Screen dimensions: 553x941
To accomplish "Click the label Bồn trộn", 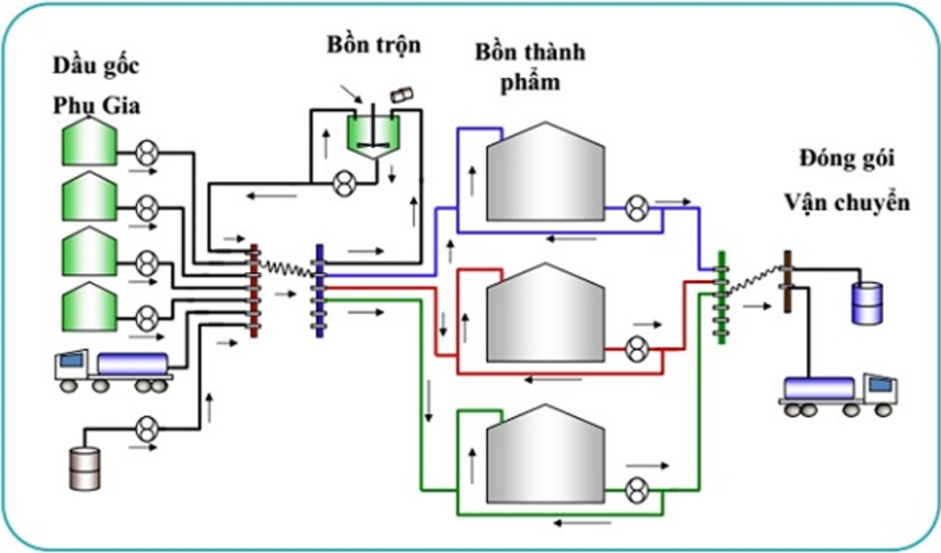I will tap(373, 44).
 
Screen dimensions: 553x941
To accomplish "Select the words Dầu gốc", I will tap(96, 66).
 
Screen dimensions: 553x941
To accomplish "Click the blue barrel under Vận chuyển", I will tap(868, 302).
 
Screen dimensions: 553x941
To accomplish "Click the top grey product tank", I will tap(544, 173).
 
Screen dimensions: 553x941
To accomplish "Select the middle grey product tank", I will tap(544, 312).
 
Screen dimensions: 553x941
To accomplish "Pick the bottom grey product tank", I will tap(544, 453).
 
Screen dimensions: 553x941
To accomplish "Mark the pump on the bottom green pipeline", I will tap(635, 491).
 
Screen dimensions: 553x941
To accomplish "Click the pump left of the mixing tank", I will tap(343, 185).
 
